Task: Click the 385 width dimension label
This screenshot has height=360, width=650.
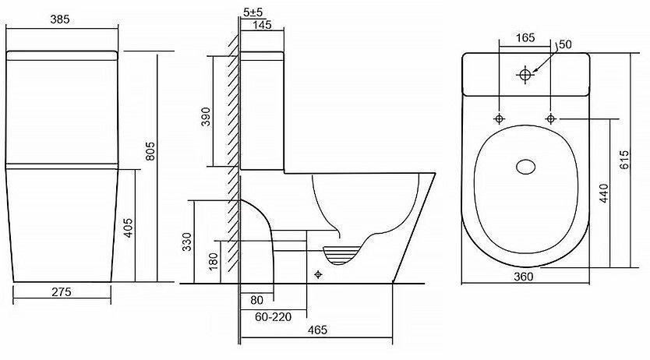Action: click(60, 19)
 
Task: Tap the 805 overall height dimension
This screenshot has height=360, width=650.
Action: click(150, 151)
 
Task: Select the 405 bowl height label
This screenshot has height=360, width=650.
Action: click(129, 228)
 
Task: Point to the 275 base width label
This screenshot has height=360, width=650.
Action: click(62, 292)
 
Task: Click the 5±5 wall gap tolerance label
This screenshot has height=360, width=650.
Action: click(253, 12)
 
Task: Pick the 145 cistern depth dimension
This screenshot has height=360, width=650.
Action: click(262, 25)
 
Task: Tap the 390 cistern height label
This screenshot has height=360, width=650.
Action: click(206, 116)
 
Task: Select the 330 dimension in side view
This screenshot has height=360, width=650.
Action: click(187, 242)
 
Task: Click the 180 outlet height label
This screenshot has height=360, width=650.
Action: click(213, 262)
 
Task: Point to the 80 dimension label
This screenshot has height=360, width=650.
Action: click(257, 299)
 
